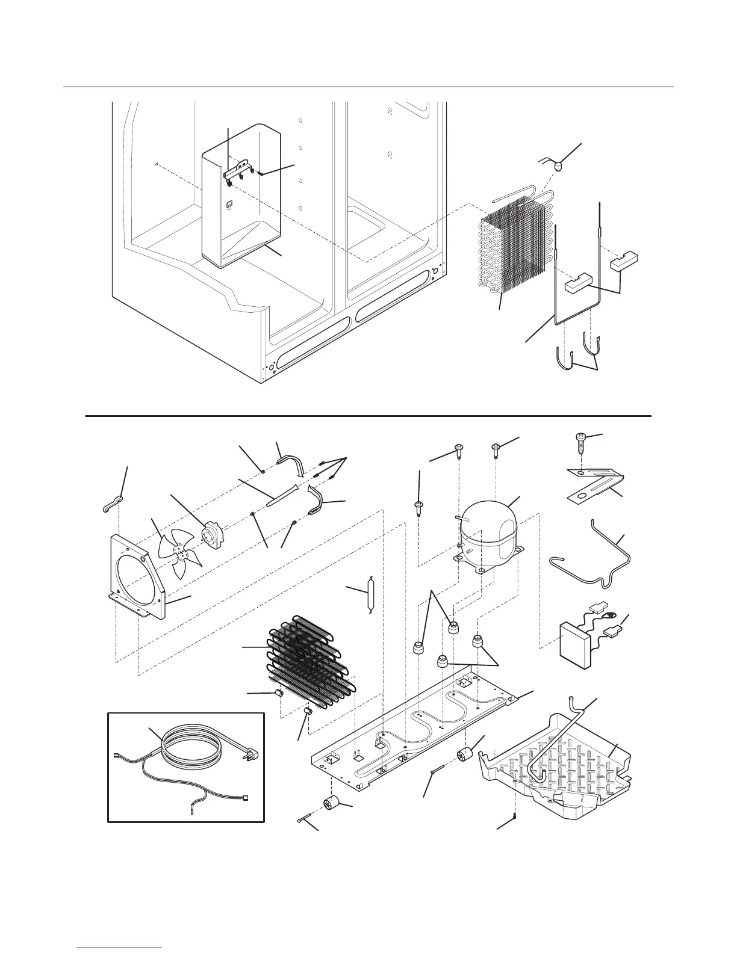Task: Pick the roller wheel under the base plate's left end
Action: click(331, 803)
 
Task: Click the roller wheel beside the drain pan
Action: click(465, 754)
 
